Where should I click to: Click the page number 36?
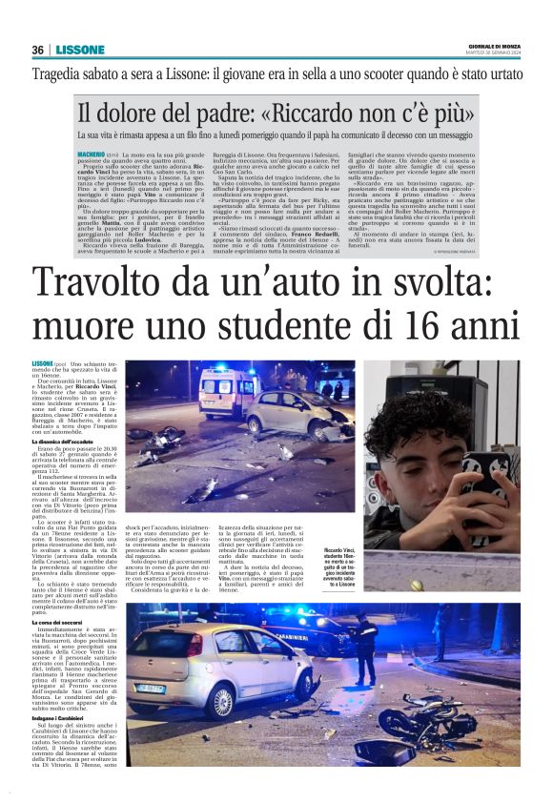click(x=37, y=50)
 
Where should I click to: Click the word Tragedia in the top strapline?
click(x=59, y=73)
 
